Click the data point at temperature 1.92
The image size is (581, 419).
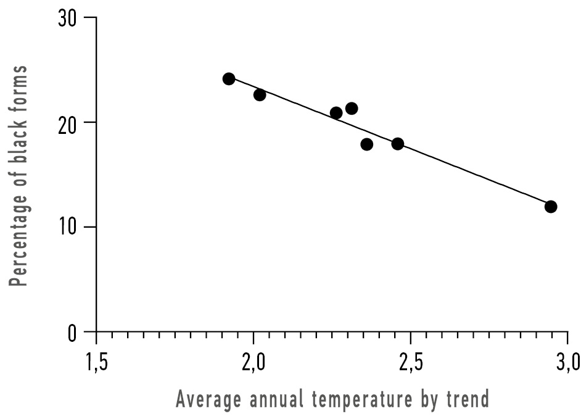point(229,78)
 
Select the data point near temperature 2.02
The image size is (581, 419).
point(260,94)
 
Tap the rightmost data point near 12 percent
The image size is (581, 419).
point(551,206)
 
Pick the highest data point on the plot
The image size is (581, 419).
point(229,78)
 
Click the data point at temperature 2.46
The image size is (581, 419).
point(398,144)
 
